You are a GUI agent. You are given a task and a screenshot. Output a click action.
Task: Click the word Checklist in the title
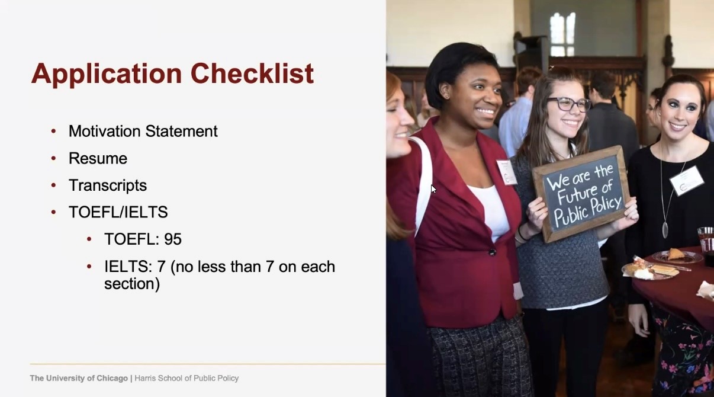[x=252, y=73]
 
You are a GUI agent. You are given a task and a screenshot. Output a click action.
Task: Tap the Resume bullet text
[x=98, y=158]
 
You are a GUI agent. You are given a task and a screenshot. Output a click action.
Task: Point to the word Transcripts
[x=108, y=185]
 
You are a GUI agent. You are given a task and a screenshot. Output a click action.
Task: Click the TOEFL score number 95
[x=173, y=239]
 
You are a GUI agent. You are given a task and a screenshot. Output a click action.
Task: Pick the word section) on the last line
[x=132, y=284]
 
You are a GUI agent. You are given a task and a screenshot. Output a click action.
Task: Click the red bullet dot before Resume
[x=53, y=158]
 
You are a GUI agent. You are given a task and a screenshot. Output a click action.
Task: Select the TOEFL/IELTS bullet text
[x=118, y=212]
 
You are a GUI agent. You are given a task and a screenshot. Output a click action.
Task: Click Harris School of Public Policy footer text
[x=186, y=378]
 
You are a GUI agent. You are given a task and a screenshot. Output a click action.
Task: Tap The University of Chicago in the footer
[x=79, y=378]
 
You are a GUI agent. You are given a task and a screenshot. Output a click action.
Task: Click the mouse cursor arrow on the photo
[x=433, y=189]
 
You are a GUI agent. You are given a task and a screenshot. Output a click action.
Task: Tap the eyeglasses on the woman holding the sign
[x=569, y=104]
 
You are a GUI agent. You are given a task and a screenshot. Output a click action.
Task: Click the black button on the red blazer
[x=492, y=252]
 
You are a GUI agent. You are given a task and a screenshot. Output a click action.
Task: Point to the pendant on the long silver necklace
[x=665, y=229]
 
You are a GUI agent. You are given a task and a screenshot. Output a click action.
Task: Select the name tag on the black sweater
[x=686, y=181]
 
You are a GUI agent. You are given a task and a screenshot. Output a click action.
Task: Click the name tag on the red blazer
[x=507, y=172]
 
